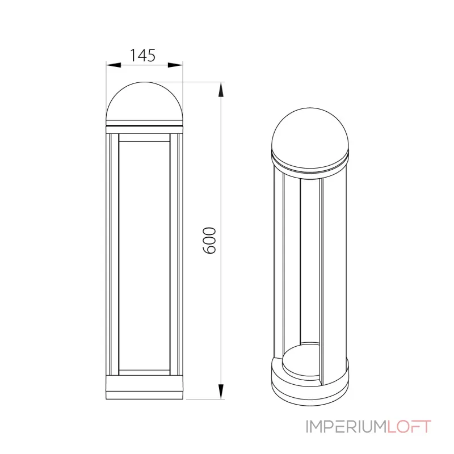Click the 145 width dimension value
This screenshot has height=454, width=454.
(x=143, y=55)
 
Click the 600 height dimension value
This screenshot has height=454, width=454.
(x=209, y=240)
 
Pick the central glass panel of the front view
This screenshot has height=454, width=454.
(x=145, y=255)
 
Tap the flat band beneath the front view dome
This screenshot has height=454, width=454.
(x=145, y=129)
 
